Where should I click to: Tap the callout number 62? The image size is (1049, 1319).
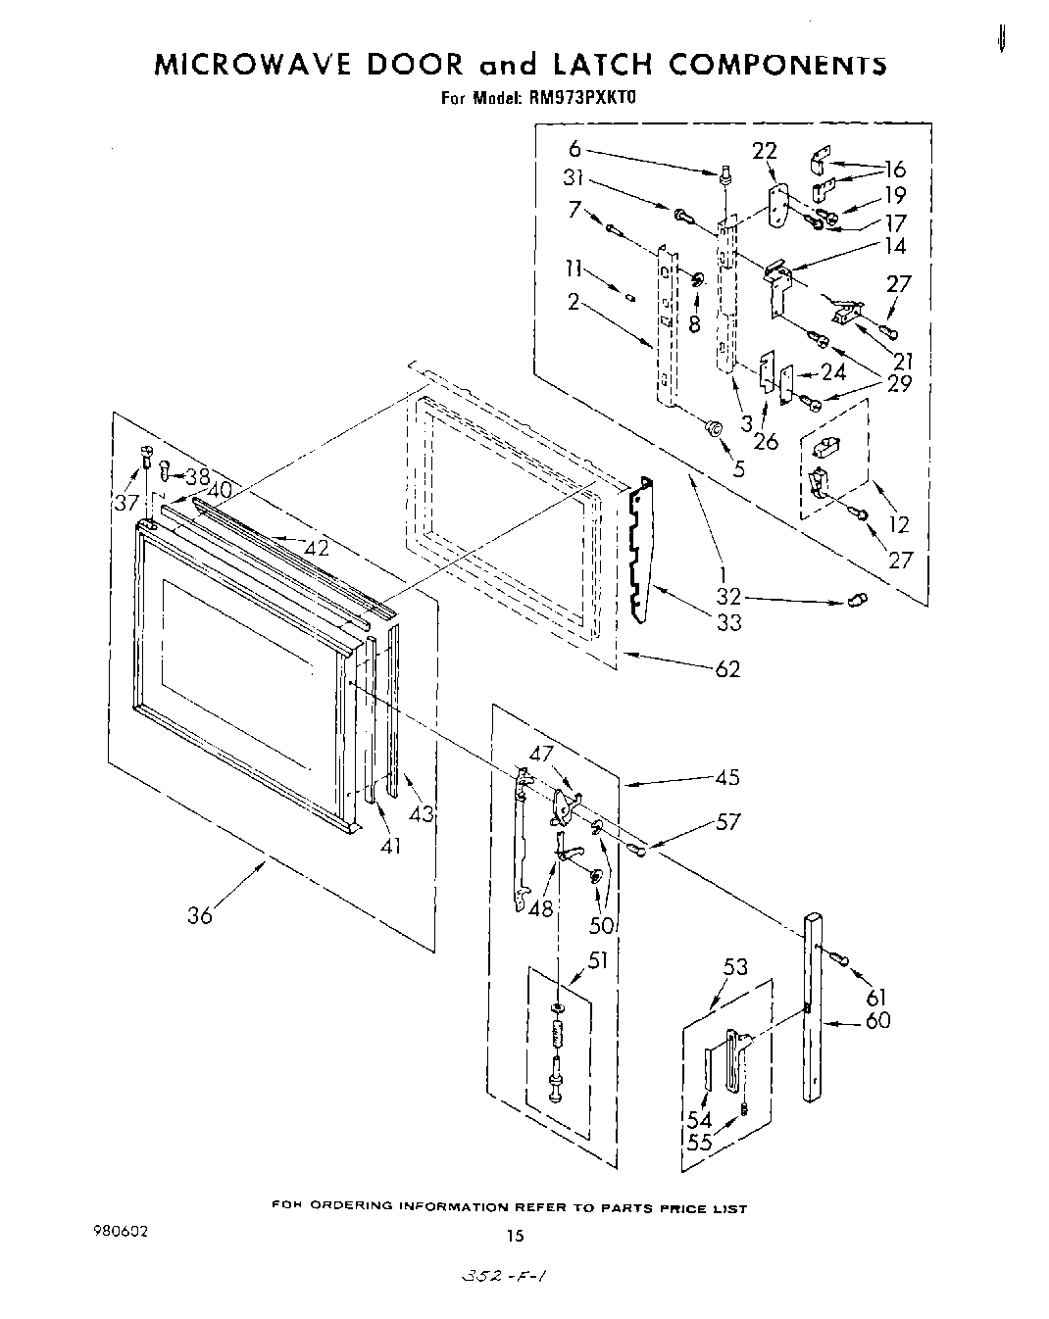pos(726,669)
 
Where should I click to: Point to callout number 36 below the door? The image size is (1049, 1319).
pos(199,916)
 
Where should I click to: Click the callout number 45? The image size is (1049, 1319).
pos(727,778)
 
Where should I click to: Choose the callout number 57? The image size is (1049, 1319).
pos(727,823)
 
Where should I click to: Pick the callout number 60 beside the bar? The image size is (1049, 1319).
pos(877,1020)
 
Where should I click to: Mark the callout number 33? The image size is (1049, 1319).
pos(728,622)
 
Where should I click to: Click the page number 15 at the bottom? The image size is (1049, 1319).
pos(516,1237)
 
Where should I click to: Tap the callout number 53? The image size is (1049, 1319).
pos(735,968)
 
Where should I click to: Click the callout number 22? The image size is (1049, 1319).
pos(765,150)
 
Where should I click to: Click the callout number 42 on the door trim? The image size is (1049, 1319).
pos(316,549)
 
